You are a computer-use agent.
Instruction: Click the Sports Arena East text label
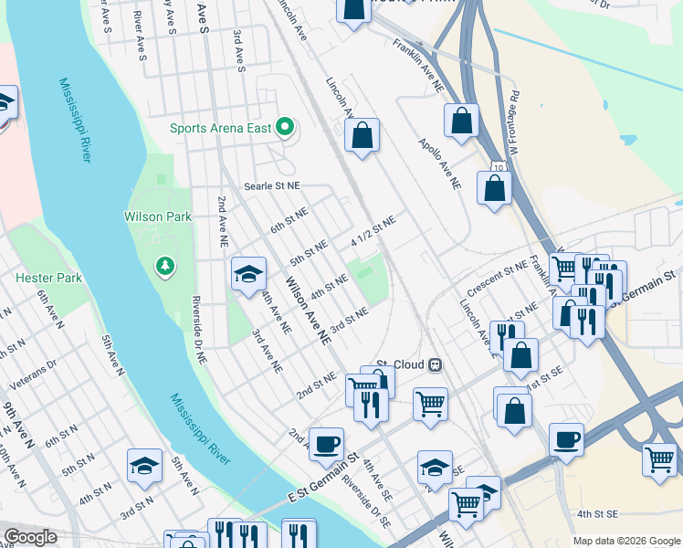coord(220,128)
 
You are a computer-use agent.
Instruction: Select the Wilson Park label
coord(158,216)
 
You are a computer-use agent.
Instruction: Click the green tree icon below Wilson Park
coord(165,266)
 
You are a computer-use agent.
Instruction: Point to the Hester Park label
coord(48,278)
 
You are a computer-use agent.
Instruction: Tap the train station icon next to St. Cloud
coord(436,364)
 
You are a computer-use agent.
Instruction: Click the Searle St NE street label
coord(271,185)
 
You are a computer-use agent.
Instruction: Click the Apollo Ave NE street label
coord(439,164)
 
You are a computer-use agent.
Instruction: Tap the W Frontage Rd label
coord(513,121)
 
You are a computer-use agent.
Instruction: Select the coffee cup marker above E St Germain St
coord(326,444)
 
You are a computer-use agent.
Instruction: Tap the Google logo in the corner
coord(29,537)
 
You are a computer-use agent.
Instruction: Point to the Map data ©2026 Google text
coord(625,541)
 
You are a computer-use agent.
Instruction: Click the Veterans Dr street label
coord(40,374)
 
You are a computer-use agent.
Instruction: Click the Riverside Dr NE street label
coord(198,331)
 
